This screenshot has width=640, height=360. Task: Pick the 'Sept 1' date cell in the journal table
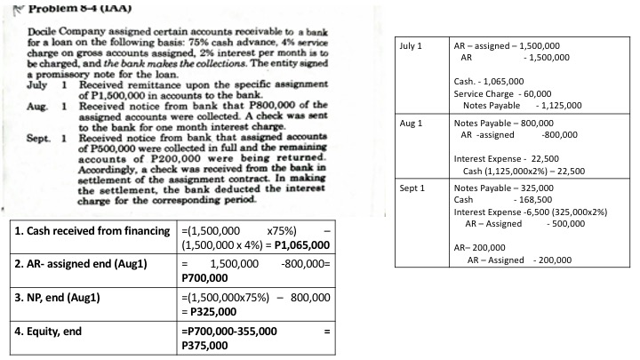(x=413, y=188)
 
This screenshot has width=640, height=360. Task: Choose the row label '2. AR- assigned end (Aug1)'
(x=82, y=264)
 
